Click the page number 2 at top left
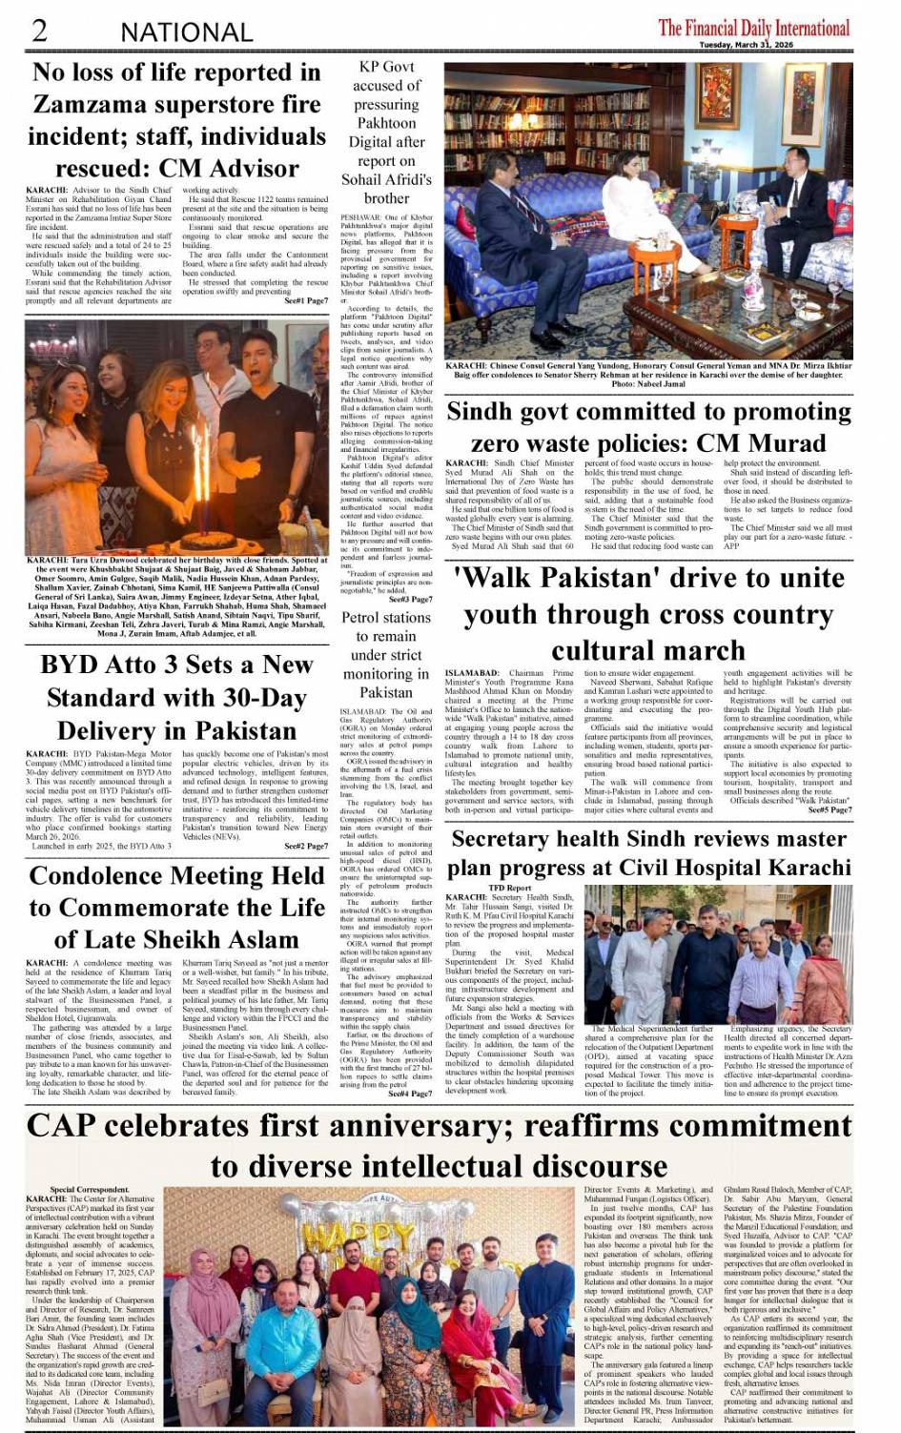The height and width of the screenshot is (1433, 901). point(40,30)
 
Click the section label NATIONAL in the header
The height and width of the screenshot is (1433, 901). point(186,32)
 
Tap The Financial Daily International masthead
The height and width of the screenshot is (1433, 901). point(753,27)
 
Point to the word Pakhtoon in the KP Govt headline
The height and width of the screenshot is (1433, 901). point(386,123)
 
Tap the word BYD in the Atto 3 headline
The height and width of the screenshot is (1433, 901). point(73,665)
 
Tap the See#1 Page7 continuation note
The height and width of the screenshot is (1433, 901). point(306,300)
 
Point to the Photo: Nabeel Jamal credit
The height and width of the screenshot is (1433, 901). point(649,383)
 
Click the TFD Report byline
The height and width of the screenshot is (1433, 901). point(510,888)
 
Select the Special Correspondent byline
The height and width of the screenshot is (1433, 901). point(90,1190)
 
